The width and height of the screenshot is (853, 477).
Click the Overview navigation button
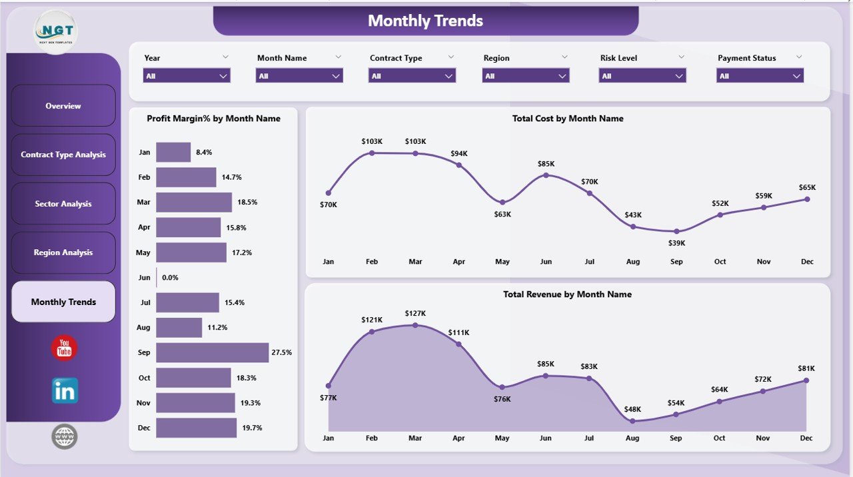pyautogui.click(x=63, y=106)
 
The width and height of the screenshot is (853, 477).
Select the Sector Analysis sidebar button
pyautogui.click(x=63, y=204)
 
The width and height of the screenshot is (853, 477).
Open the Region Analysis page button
pyautogui.click(x=63, y=252)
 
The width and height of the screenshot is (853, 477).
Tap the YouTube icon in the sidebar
pyautogui.click(x=64, y=348)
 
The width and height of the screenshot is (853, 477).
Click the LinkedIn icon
pyautogui.click(x=65, y=391)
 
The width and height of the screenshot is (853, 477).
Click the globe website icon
pyautogui.click(x=65, y=437)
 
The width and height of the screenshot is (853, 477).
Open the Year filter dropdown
pyautogui.click(x=187, y=76)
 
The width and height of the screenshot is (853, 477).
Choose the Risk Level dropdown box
pyautogui.click(x=642, y=76)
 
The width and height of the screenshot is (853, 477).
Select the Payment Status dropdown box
pyautogui.click(x=760, y=76)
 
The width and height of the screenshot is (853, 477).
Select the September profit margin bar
pyautogui.click(x=212, y=352)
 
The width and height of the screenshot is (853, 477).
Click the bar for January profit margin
pyautogui.click(x=173, y=152)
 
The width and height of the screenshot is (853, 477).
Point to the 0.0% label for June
pyautogui.click(x=170, y=277)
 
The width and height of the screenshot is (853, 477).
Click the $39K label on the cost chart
pyautogui.click(x=676, y=243)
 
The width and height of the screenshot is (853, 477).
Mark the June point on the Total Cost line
pyautogui.click(x=546, y=175)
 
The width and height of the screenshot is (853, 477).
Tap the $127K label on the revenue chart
pyautogui.click(x=415, y=313)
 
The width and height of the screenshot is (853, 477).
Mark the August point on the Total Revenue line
pyautogui.click(x=632, y=420)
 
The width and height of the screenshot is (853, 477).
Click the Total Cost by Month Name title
pyautogui.click(x=568, y=119)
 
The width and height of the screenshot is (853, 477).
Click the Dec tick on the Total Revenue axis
pyautogui.click(x=806, y=438)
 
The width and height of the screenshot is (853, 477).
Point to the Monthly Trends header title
pyautogui.click(x=425, y=21)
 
